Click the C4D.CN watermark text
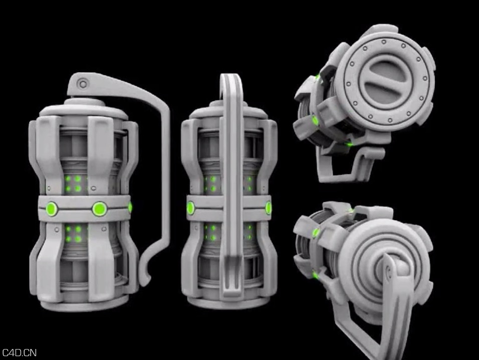[19, 353]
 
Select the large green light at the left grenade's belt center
[99, 209]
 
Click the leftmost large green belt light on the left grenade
[51, 208]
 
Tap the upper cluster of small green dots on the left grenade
[74, 184]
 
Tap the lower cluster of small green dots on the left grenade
[74, 234]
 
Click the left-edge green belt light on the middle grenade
[191, 208]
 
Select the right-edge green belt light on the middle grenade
[269, 208]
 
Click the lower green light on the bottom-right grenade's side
[316, 275]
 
